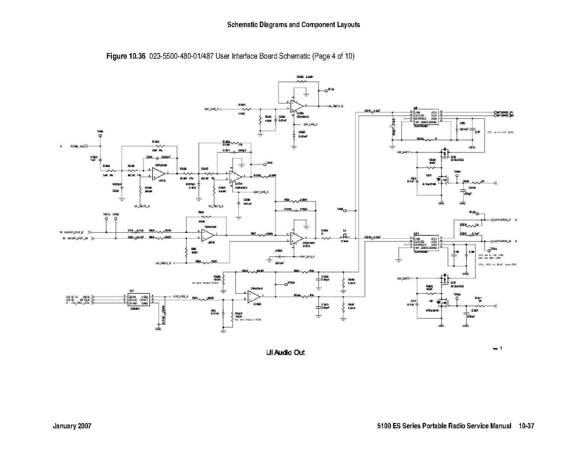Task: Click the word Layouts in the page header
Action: coord(348,25)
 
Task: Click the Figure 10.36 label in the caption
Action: coord(126,56)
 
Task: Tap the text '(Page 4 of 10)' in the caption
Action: coord(333,56)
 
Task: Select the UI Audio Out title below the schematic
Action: coord(285,353)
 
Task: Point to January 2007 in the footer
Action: coord(72,426)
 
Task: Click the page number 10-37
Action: coord(526,426)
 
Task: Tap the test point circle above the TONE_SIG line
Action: coord(100,135)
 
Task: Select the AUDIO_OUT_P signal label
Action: coord(76,232)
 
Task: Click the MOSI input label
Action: coord(86,296)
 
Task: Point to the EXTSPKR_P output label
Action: coord(502,219)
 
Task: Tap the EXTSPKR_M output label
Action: coord(502,241)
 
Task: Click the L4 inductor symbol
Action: coord(344,237)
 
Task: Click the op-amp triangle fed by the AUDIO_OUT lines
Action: coord(207,235)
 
